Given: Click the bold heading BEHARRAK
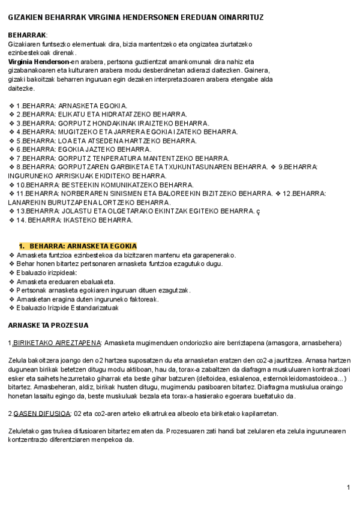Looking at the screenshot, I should click(27, 35).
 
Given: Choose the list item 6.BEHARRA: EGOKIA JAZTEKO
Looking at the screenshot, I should click(83, 149).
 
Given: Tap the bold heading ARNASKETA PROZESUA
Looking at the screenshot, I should click(48, 325).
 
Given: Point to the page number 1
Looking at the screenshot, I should click(349, 487).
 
